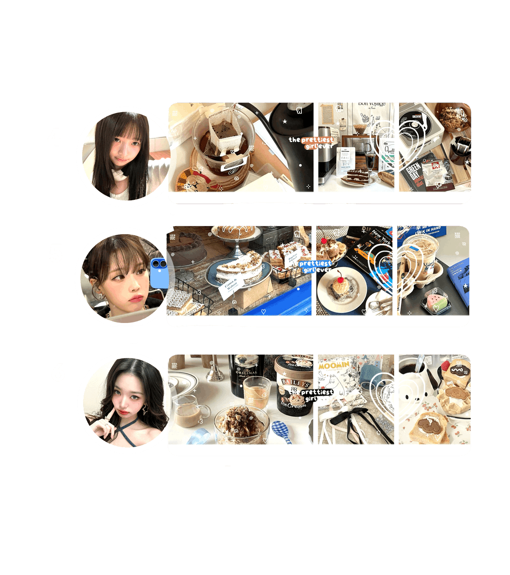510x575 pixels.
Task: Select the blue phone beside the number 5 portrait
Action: (159, 272)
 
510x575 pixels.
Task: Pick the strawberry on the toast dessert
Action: (446, 365)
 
